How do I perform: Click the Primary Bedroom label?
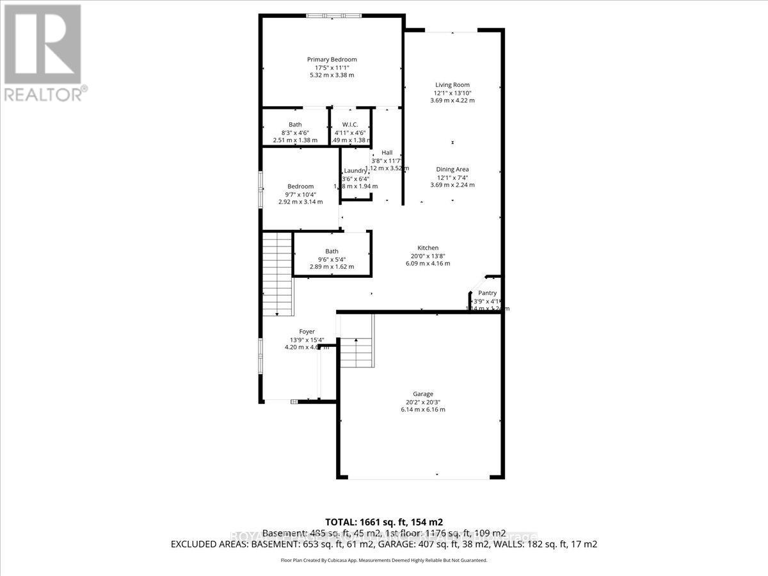point(332,60)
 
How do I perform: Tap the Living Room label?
point(452,84)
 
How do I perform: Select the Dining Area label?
point(452,170)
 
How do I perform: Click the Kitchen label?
point(428,248)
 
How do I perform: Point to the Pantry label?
point(488,293)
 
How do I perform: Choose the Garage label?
point(422,394)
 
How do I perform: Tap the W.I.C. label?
point(349,124)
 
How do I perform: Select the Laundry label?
point(355,171)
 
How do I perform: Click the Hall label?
point(387,152)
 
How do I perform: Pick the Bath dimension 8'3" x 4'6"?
point(295,132)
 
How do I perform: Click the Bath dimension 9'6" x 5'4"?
point(332,259)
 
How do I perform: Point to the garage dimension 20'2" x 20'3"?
point(422,402)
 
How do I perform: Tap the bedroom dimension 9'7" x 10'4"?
point(300,194)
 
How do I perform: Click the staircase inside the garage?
point(356,353)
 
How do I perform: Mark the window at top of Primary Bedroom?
point(332,16)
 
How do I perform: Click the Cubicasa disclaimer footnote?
point(384,560)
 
